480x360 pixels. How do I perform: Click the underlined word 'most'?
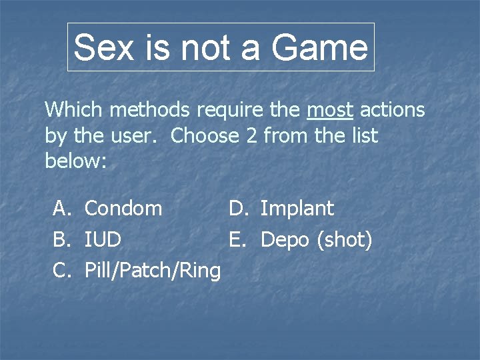pyautogui.click(x=331, y=109)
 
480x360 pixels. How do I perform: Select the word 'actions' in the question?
pyautogui.click(x=393, y=109)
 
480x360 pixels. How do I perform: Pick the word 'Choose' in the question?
pyautogui.click(x=205, y=136)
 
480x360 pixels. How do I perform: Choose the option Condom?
pyautogui.click(x=123, y=209)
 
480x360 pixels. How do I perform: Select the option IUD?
pyautogui.click(x=103, y=239)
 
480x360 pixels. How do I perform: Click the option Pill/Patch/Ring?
pyautogui.click(x=153, y=271)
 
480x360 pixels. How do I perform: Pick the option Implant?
pyautogui.click(x=297, y=209)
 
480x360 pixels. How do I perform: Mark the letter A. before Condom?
pyautogui.click(x=62, y=209)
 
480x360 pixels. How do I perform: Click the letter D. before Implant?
pyautogui.click(x=238, y=209)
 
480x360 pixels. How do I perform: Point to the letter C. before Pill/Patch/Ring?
pyautogui.click(x=62, y=271)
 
